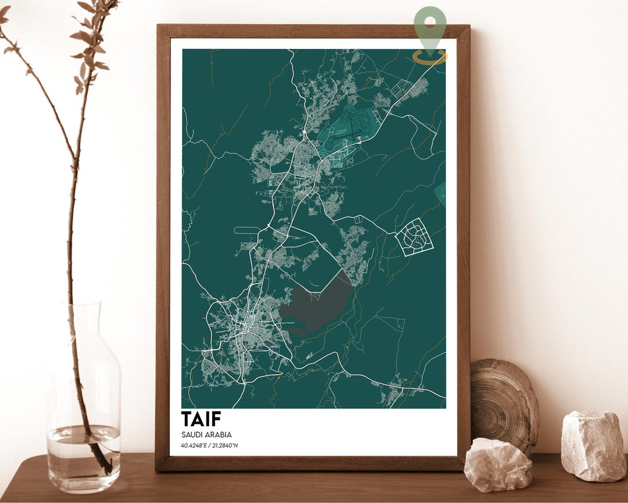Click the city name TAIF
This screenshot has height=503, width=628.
pyautogui.click(x=201, y=419)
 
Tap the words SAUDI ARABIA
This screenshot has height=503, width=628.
pyautogui.click(x=206, y=435)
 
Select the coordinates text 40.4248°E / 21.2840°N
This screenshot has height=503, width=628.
pyautogui.click(x=209, y=446)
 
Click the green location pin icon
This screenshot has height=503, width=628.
pyautogui.click(x=430, y=26)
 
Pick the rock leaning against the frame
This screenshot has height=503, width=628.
pyautogui.click(x=497, y=464)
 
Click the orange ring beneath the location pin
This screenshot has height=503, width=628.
pyautogui.click(x=430, y=56)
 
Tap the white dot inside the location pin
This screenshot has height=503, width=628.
pyautogui.click(x=430, y=22)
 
